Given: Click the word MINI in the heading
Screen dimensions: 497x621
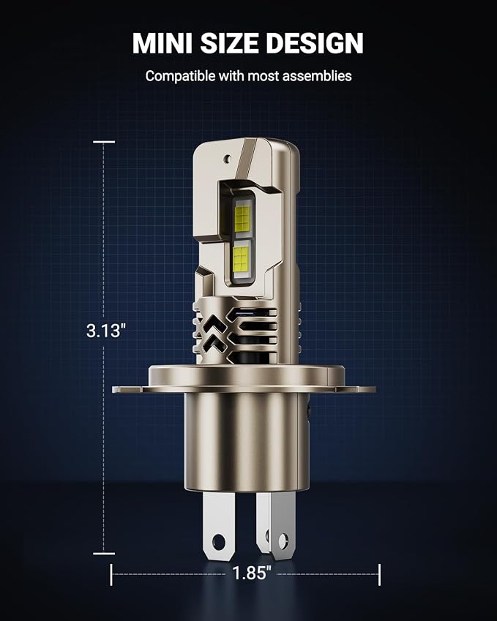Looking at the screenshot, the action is (160, 43).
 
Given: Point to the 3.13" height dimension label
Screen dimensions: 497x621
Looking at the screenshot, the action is (106, 330).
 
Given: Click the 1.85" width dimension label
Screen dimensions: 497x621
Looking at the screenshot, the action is (252, 573).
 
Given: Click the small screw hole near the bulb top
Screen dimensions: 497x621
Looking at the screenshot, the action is (227, 159).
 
